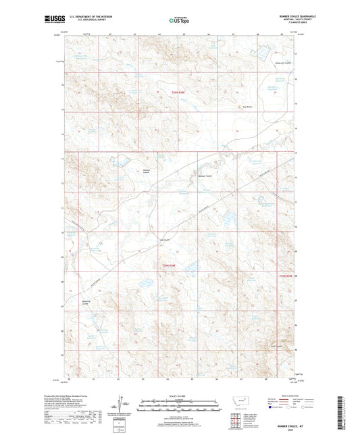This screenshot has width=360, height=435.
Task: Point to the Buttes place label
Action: coord(247,106)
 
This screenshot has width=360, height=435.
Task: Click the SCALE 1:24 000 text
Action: coord(180,395)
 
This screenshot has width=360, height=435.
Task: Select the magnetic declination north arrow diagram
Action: coord(124,405)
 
